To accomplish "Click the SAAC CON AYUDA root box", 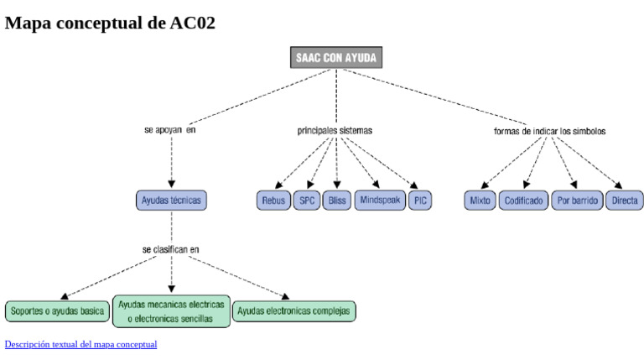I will [336, 58].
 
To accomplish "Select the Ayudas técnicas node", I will [171, 201].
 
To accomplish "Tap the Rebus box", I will [273, 201].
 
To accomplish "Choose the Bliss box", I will [336, 201].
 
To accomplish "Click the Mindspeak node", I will [381, 200].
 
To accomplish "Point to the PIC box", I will [421, 201].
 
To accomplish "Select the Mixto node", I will [480, 201].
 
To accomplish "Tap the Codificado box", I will [524, 201].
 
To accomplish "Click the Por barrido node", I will [578, 201].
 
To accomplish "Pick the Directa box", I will [625, 201].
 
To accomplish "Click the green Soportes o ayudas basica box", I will [58, 311].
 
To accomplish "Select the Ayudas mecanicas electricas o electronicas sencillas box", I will [171, 311].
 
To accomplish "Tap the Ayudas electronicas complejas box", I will [293, 311].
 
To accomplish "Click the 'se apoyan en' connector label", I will [170, 131].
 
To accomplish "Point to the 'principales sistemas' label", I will [335, 131].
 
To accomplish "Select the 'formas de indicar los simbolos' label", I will [550, 132].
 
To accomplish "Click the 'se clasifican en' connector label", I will [171, 249].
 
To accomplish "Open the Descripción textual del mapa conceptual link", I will [80, 344].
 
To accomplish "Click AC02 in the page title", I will [192, 23].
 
